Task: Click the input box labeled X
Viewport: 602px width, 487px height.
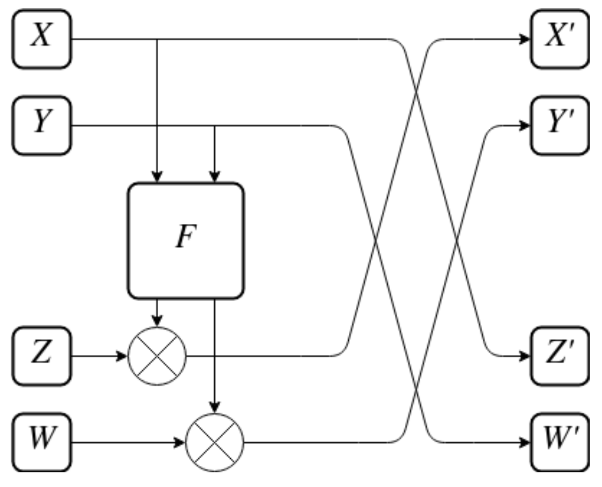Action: tap(42, 39)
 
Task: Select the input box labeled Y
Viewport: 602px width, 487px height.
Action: tap(42, 126)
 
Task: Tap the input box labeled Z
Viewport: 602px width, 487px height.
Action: tap(42, 356)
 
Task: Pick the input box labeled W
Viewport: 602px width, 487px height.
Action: tap(42, 442)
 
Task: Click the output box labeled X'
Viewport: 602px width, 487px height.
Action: tap(560, 39)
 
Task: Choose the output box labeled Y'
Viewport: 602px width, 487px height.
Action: tap(560, 126)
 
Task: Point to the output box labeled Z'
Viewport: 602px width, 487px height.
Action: tap(560, 356)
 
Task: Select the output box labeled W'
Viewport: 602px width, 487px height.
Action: tap(560, 442)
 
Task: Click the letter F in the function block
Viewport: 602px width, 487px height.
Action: tap(186, 237)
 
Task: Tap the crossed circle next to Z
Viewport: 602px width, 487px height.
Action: tap(157, 356)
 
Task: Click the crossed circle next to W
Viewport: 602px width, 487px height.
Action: tap(215, 442)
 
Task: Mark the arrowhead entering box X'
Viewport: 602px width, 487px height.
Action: tap(525, 39)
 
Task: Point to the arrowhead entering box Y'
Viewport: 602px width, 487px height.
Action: tap(525, 126)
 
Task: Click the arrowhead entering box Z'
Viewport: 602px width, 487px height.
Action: tap(525, 356)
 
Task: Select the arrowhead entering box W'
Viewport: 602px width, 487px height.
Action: tap(525, 442)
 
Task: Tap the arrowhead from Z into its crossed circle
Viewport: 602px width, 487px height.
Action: tap(122, 356)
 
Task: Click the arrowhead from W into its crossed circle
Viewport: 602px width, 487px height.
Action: tap(179, 442)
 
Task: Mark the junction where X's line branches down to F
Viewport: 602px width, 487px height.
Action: tap(157, 39)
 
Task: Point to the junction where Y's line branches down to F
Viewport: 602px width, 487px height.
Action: tap(215, 126)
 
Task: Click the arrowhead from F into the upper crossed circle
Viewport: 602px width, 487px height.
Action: tap(157, 321)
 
